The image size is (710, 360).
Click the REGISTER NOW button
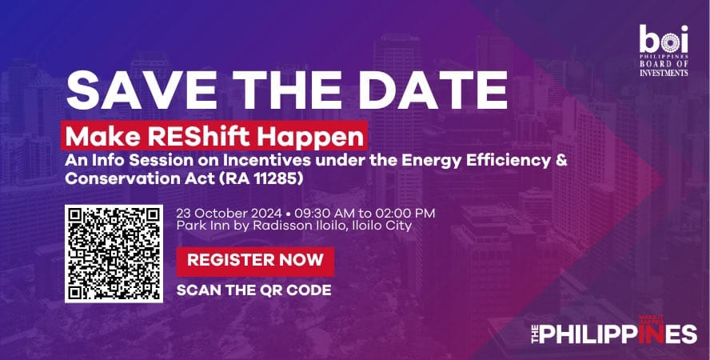click(x=255, y=260)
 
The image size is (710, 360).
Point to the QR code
click(x=114, y=254)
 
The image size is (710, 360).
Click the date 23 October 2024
click(x=229, y=214)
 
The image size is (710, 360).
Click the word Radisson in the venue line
click(x=277, y=226)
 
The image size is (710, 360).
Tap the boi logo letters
click(x=664, y=39)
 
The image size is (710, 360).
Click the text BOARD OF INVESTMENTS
click(x=664, y=68)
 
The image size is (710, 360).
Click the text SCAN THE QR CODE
click(x=253, y=290)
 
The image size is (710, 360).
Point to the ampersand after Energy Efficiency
click(x=561, y=160)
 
